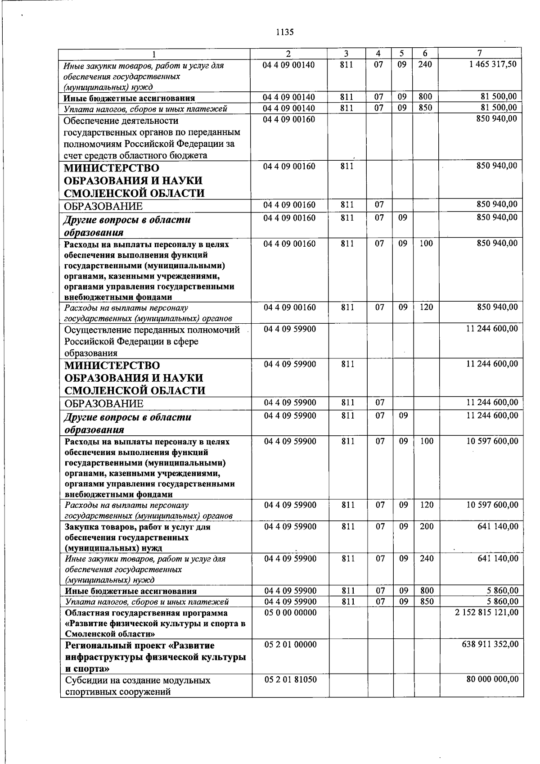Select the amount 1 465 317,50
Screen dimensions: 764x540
492,64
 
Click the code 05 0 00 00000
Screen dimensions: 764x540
290,612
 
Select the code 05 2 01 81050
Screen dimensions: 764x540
290,679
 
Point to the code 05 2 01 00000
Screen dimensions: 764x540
290,644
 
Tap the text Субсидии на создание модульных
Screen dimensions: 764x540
138,680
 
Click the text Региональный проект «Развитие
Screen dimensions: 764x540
140,646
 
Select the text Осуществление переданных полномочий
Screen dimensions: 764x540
152,330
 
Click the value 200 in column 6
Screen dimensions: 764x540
426,526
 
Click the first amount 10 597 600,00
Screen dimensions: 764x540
492,441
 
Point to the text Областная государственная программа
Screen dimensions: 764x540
146,613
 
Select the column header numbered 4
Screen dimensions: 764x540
379,53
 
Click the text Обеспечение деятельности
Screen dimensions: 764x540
121,121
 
